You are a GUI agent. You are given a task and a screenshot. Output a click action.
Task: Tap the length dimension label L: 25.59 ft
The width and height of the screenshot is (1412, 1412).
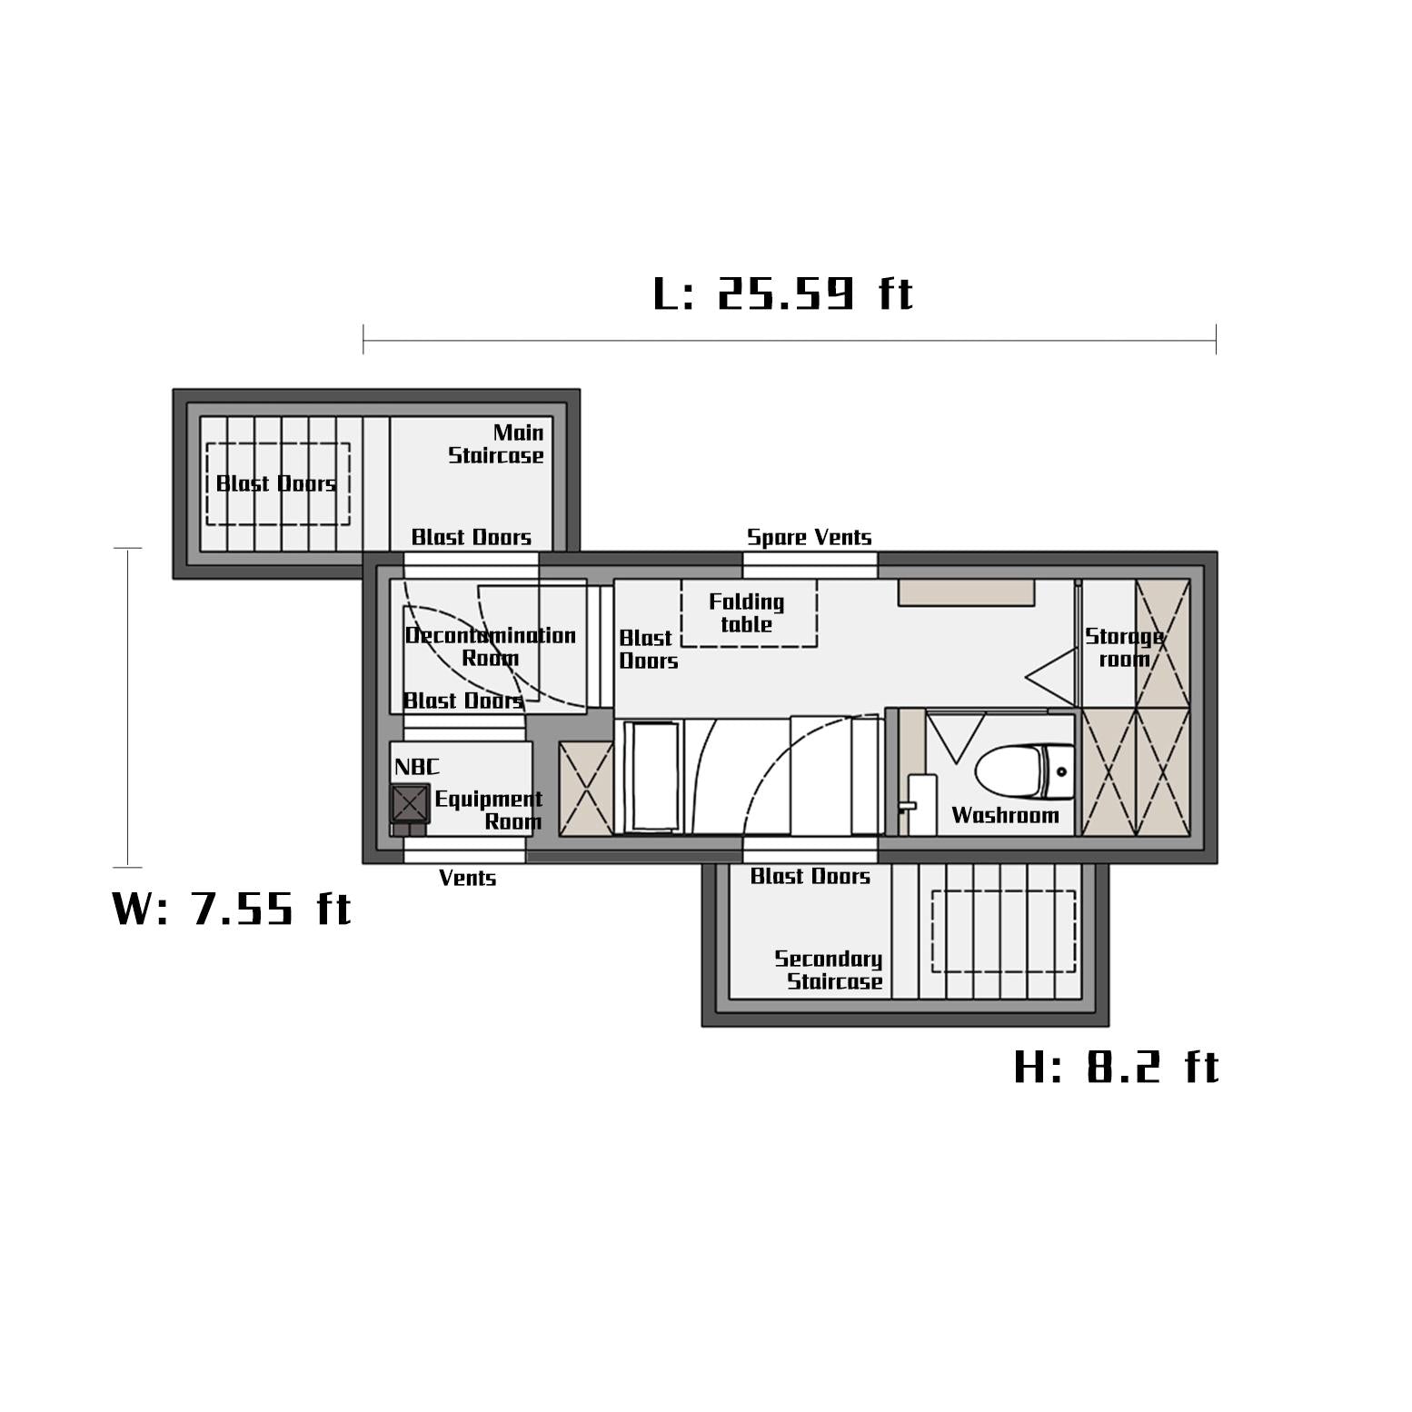tap(783, 293)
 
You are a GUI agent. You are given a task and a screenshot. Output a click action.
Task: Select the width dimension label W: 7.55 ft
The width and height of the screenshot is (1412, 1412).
tap(231, 908)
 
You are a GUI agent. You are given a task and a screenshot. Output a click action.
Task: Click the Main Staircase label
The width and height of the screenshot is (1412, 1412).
tap(496, 443)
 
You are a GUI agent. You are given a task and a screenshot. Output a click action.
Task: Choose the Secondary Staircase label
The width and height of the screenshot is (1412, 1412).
tap(829, 970)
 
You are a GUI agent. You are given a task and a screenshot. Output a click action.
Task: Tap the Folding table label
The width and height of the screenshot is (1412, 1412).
tap(747, 612)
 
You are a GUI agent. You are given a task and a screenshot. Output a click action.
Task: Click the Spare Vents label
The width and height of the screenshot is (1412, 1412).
tap(809, 537)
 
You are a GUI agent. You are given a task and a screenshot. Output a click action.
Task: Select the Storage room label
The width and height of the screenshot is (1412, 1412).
tap(1124, 647)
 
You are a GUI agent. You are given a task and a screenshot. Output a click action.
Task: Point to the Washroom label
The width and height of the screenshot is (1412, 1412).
tap(1005, 815)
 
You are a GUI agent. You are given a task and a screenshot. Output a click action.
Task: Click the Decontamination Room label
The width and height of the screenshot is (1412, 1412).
tap(491, 646)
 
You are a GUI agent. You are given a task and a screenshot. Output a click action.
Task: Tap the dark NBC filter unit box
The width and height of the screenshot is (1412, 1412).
tap(410, 804)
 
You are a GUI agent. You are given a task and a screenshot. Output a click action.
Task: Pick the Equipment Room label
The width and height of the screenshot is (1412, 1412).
tap(489, 810)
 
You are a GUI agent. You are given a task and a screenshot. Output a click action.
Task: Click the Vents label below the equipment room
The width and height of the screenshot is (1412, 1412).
tap(467, 878)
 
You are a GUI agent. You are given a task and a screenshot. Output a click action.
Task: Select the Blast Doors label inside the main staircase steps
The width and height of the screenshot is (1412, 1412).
tap(276, 483)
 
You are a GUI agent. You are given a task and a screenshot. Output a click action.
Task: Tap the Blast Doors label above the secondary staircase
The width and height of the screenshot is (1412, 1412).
tap(810, 876)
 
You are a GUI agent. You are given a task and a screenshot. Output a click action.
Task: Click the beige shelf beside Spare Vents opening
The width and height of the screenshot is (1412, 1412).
tap(967, 592)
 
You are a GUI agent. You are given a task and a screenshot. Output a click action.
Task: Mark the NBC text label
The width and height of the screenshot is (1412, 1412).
tap(416, 767)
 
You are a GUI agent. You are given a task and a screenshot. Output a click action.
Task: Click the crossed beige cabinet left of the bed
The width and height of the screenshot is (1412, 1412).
tap(586, 789)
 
